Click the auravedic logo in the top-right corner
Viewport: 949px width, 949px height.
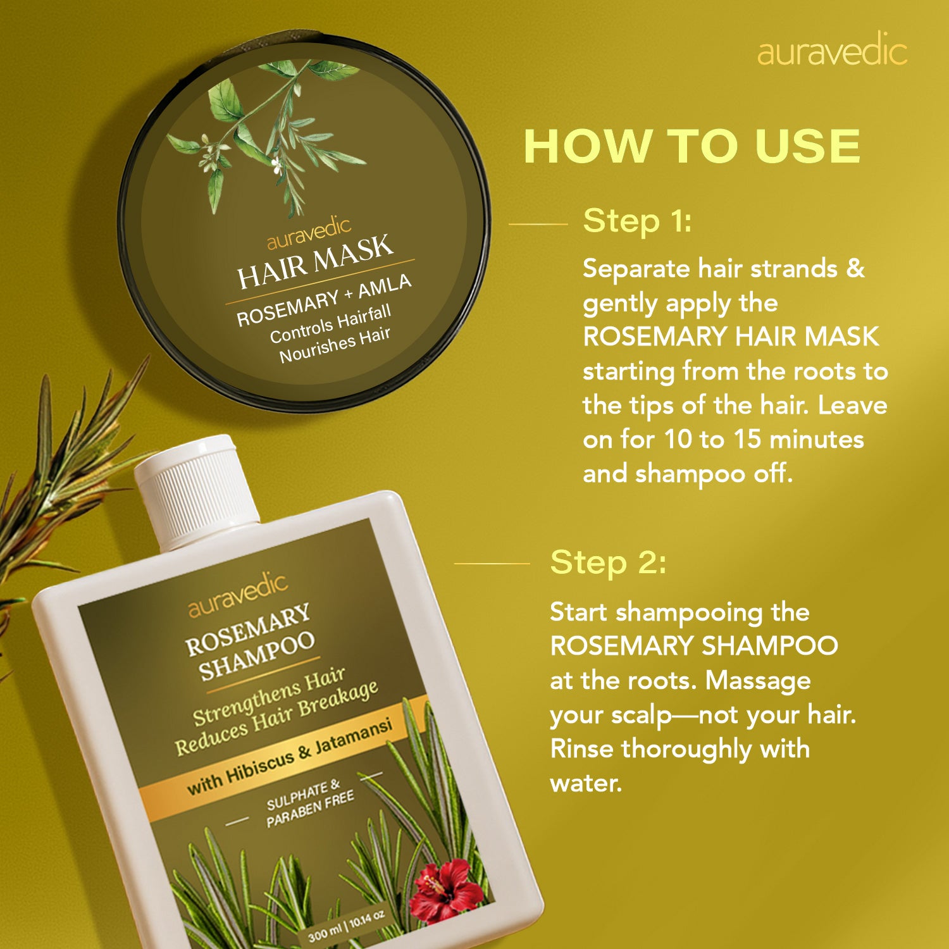pyautogui.click(x=832, y=51)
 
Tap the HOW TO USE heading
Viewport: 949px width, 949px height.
pyautogui.click(x=692, y=147)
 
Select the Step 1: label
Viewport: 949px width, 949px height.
pyautogui.click(x=637, y=221)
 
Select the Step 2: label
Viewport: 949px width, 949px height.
pyautogui.click(x=608, y=562)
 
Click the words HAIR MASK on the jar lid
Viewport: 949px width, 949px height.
pyautogui.click(x=315, y=260)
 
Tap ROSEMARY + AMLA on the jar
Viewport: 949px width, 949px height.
pyautogui.click(x=324, y=300)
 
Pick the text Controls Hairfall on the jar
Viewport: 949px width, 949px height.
pyautogui.click(x=330, y=325)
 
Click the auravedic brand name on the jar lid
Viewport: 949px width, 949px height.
pyautogui.click(x=309, y=233)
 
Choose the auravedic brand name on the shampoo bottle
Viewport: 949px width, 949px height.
pyautogui.click(x=238, y=595)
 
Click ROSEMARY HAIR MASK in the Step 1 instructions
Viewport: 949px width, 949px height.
pyautogui.click(x=731, y=337)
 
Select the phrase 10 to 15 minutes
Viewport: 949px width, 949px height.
pyautogui.click(x=764, y=439)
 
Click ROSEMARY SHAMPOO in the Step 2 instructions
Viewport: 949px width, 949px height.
pyautogui.click(x=694, y=646)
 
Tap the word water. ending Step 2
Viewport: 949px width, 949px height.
pyautogui.click(x=586, y=783)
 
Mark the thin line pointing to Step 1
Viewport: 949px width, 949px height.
pyautogui.click(x=538, y=223)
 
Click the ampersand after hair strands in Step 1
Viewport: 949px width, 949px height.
pyautogui.click(x=855, y=268)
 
